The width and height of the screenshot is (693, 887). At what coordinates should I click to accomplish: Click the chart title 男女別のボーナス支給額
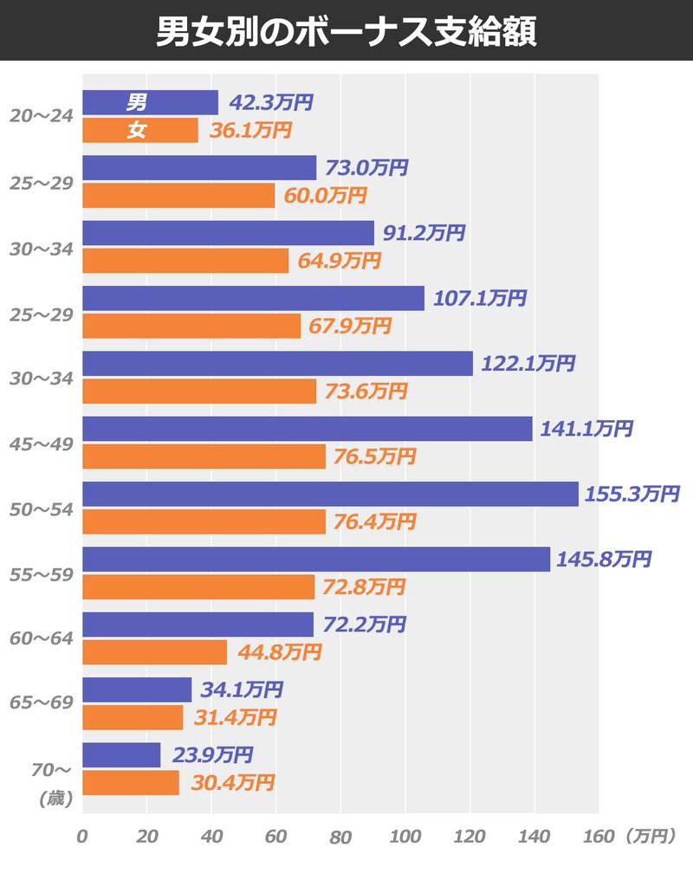click(x=346, y=31)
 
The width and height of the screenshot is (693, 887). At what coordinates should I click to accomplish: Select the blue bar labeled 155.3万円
click(x=330, y=494)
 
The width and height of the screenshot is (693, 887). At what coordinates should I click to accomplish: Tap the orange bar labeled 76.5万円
click(x=204, y=456)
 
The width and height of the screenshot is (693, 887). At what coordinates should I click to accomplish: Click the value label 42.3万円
click(x=270, y=102)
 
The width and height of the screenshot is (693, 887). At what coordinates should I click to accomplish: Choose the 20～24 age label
click(x=40, y=116)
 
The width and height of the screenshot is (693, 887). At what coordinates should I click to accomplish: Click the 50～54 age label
click(x=40, y=508)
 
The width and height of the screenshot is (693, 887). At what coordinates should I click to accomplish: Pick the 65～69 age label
click(x=40, y=704)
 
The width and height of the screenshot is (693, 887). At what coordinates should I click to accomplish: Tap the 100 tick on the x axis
click(x=405, y=838)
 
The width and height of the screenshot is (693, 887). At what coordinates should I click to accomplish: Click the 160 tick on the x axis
click(x=599, y=838)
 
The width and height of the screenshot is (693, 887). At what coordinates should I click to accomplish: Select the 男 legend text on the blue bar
click(x=136, y=102)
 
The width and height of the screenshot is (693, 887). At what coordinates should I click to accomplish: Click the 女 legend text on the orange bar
click(x=136, y=130)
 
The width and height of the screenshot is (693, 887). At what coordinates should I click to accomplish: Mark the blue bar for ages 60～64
click(x=198, y=625)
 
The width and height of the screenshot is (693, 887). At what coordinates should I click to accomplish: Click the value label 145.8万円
click(x=604, y=560)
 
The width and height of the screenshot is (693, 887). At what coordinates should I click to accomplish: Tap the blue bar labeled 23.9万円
click(x=121, y=755)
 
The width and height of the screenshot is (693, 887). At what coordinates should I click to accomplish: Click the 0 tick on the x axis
click(x=82, y=838)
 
